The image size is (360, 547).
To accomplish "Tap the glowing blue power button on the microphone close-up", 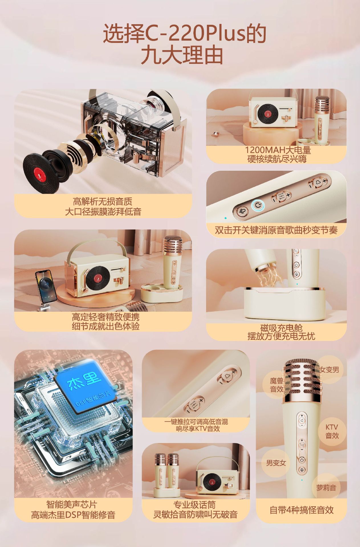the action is click(258, 205).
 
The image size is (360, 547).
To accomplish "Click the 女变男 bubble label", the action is click(329, 370).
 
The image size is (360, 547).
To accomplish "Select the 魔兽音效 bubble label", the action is click(276, 385).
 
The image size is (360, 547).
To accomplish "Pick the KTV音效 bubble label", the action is click(332, 431).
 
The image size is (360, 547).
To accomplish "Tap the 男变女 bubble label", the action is click(276, 463).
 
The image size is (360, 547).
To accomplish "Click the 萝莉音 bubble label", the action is click(326, 488).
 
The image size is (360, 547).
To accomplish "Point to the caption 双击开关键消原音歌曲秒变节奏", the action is click(276, 230).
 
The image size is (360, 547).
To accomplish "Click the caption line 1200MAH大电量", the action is click(278, 150).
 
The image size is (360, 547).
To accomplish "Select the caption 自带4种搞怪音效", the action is click(302, 510).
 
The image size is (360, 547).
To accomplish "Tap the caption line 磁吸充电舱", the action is click(281, 328).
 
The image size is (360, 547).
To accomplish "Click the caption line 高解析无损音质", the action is click(103, 202).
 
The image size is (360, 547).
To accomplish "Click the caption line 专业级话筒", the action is click(194, 505).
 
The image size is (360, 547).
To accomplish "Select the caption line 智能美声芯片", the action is click(72, 505).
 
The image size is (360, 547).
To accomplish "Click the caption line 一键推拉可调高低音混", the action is click(196, 422).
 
